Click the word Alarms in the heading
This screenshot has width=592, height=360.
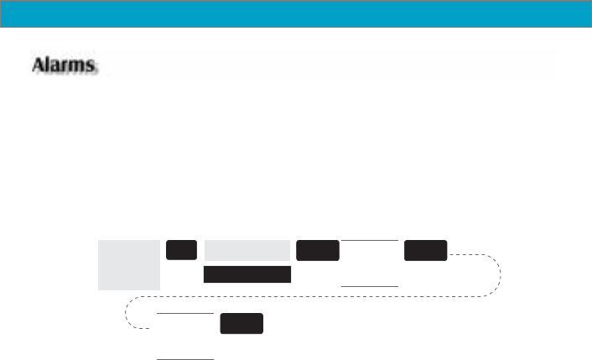click(65, 64)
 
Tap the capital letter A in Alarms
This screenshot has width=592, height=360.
click(39, 64)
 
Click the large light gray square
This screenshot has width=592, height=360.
click(128, 264)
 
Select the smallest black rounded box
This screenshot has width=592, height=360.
click(181, 250)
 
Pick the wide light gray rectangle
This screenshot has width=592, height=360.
click(247, 250)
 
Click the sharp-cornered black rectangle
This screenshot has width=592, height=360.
click(247, 274)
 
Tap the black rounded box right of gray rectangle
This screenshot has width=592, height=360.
click(318, 250)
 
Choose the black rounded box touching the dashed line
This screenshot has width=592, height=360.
click(425, 250)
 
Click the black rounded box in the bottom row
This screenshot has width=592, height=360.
click(241, 324)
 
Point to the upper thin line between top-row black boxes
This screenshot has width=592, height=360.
click(369, 240)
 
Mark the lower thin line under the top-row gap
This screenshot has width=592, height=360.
click(369, 286)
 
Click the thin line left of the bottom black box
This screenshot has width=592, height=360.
click(186, 313)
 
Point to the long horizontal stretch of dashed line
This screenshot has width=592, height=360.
click(310, 295)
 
